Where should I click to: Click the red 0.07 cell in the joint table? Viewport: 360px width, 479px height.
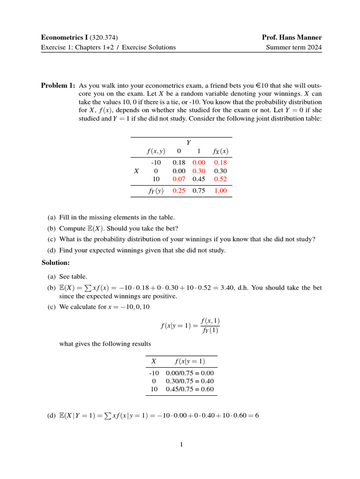(179, 179)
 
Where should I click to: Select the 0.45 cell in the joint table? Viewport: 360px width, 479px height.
(199, 179)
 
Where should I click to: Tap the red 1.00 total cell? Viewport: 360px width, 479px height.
(220, 190)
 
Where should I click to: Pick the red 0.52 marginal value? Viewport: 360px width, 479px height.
(220, 179)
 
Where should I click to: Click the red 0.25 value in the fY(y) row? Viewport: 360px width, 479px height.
(179, 190)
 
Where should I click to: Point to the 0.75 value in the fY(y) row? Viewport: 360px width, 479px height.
(199, 190)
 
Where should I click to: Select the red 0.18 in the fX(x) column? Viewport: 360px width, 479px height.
(220, 162)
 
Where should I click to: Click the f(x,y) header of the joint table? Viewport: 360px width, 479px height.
(155, 151)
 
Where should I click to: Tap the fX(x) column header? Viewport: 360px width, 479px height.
(220, 151)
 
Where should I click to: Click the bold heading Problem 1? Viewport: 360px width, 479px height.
(58, 86)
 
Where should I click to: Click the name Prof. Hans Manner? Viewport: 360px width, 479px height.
(293, 37)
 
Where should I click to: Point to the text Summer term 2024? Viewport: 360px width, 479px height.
(294, 47)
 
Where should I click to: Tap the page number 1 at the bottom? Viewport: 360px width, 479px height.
(181, 444)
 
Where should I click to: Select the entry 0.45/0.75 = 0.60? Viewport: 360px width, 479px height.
(190, 389)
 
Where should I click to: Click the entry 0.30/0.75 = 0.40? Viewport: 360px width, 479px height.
(190, 381)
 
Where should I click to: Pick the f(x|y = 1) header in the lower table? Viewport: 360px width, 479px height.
(189, 361)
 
